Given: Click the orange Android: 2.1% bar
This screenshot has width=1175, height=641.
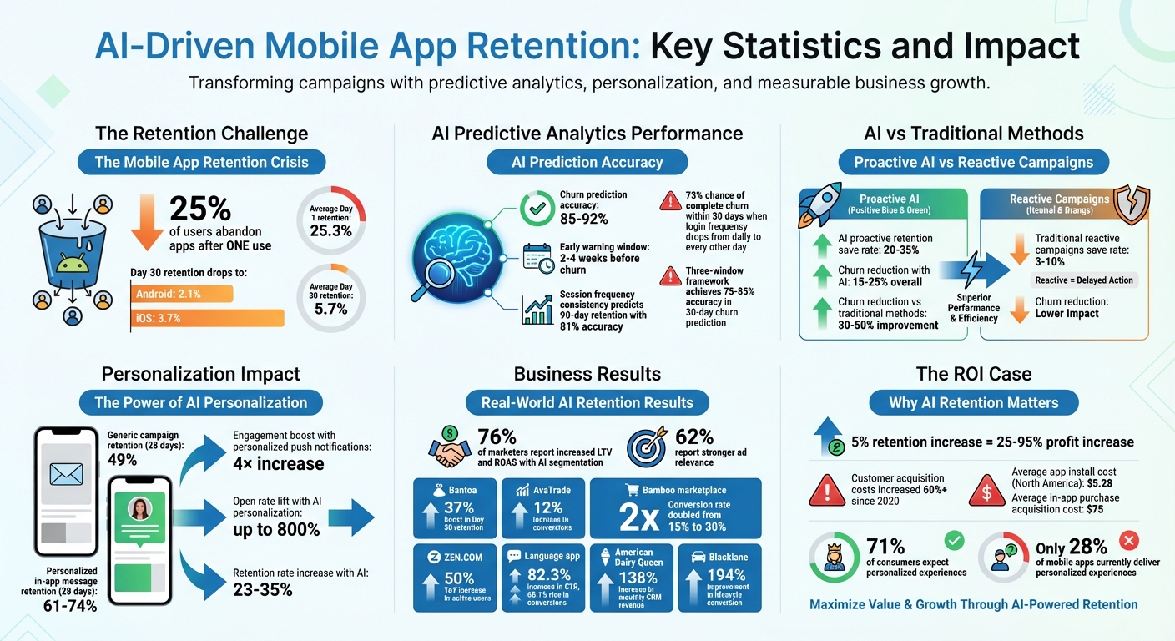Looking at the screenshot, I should [x=182, y=293].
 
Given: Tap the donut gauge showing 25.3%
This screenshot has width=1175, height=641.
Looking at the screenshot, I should [x=330, y=220].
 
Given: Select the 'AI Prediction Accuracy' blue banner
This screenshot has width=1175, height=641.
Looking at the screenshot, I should [x=587, y=162].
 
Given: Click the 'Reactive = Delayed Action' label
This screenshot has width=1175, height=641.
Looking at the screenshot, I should [x=1084, y=280].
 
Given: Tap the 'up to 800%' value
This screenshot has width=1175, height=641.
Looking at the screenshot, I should [x=275, y=529].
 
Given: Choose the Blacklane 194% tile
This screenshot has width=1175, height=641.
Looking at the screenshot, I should [x=719, y=577].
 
